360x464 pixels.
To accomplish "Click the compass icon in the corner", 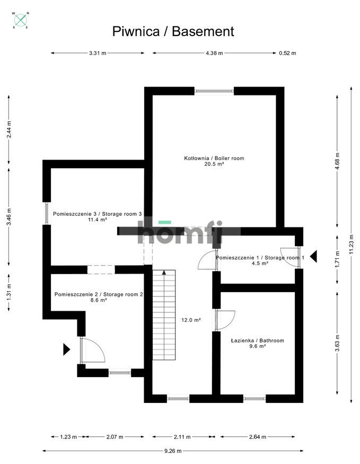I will tap(21, 20).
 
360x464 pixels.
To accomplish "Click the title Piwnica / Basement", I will tap(173, 31).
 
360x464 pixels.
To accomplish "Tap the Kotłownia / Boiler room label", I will tap(214, 158).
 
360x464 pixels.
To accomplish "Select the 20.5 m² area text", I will tap(214, 164).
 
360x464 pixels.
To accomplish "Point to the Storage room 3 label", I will tap(98, 213).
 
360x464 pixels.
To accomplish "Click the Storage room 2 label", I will tap(99, 294).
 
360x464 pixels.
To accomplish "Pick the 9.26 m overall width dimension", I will tap(173, 451).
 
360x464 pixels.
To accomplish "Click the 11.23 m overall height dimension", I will tap(351, 245).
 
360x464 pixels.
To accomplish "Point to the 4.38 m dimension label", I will tap(214, 53).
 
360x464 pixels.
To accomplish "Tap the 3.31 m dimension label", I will tap(98, 53).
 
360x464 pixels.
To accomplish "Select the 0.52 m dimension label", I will tap(287, 53).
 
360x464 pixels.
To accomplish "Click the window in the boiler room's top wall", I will tap(214, 91).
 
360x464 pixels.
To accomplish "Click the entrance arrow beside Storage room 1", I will tap(313, 257).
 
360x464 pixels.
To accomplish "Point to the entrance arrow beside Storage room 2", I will tap(66, 349).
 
